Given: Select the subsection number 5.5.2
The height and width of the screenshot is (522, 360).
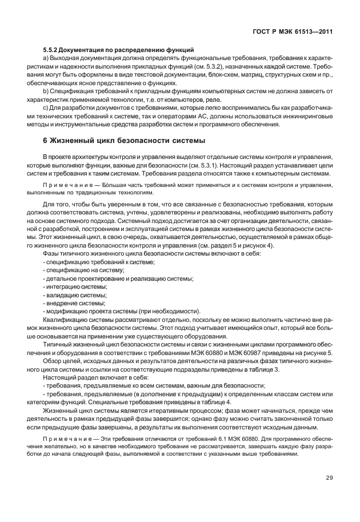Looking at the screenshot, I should pyautogui.click(x=51, y=50).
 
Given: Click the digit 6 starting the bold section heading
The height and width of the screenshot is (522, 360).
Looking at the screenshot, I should pyautogui.click(x=45, y=140).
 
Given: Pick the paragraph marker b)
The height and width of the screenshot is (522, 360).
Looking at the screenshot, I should pyautogui.click(x=46, y=91).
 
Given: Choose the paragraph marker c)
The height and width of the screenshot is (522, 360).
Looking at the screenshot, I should pyautogui.click(x=46, y=109).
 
